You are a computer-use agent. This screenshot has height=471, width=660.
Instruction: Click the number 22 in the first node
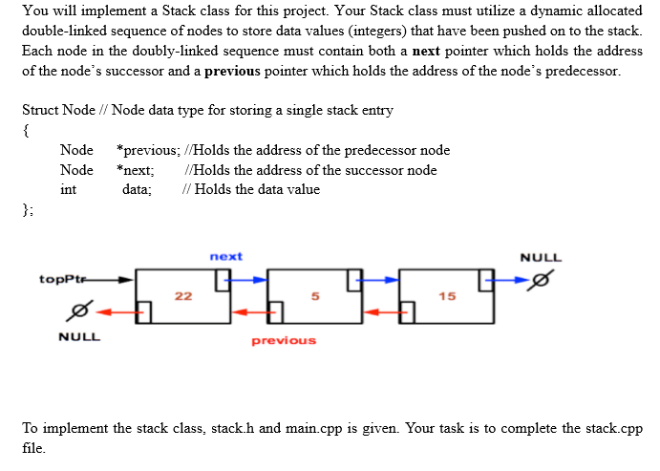[183, 296]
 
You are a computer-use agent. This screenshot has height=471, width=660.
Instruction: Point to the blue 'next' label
[225, 256]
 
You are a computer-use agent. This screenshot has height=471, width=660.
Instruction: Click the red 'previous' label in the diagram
[284, 340]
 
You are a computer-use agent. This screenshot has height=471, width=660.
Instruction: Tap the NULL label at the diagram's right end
[542, 258]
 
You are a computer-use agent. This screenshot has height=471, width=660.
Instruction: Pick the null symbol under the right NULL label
[542, 282]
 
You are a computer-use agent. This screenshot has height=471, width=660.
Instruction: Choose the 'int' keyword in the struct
[68, 189]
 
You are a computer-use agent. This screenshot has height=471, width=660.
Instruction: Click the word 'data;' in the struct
[138, 189]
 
